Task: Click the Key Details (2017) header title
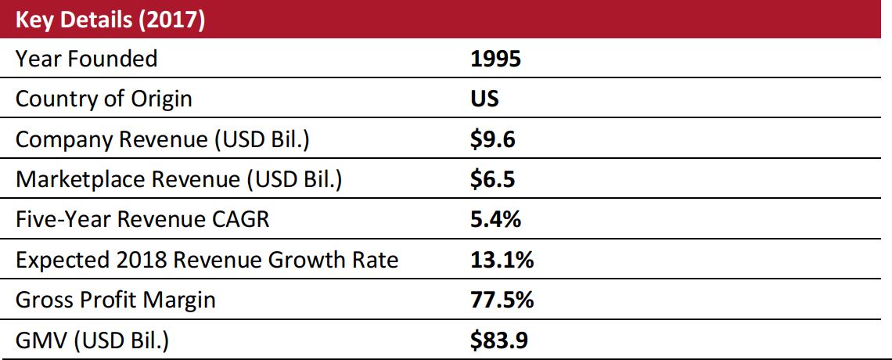[110, 20]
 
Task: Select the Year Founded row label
[86, 59]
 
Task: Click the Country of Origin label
[103, 99]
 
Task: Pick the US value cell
[484, 99]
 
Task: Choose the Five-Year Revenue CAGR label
[142, 220]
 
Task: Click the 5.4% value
[495, 220]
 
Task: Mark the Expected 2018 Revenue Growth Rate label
[207, 261]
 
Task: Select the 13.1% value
[501, 261]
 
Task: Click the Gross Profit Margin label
[115, 301]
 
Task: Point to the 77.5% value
[501, 301]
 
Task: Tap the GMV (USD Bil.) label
[93, 341]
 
